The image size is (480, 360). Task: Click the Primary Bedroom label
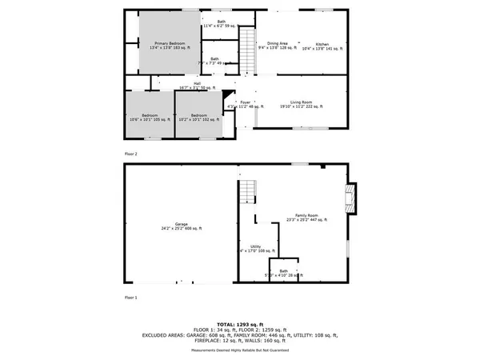pyautogui.click(x=170, y=46)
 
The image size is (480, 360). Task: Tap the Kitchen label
pyautogui.click(x=322, y=46)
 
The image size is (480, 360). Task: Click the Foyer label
pyautogui.click(x=246, y=103)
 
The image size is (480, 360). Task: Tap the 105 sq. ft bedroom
pyautogui.click(x=150, y=117)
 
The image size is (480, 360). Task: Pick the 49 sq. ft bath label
pyautogui.click(x=214, y=61)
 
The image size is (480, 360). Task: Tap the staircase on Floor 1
pyautogui.click(x=249, y=191)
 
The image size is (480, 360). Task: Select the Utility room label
pyautogui.click(x=256, y=249)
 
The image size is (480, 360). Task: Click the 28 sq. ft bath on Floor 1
pyautogui.click(x=283, y=272)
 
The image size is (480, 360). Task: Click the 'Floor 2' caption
pyautogui.click(x=130, y=153)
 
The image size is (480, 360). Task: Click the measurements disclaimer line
pyautogui.click(x=239, y=350)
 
